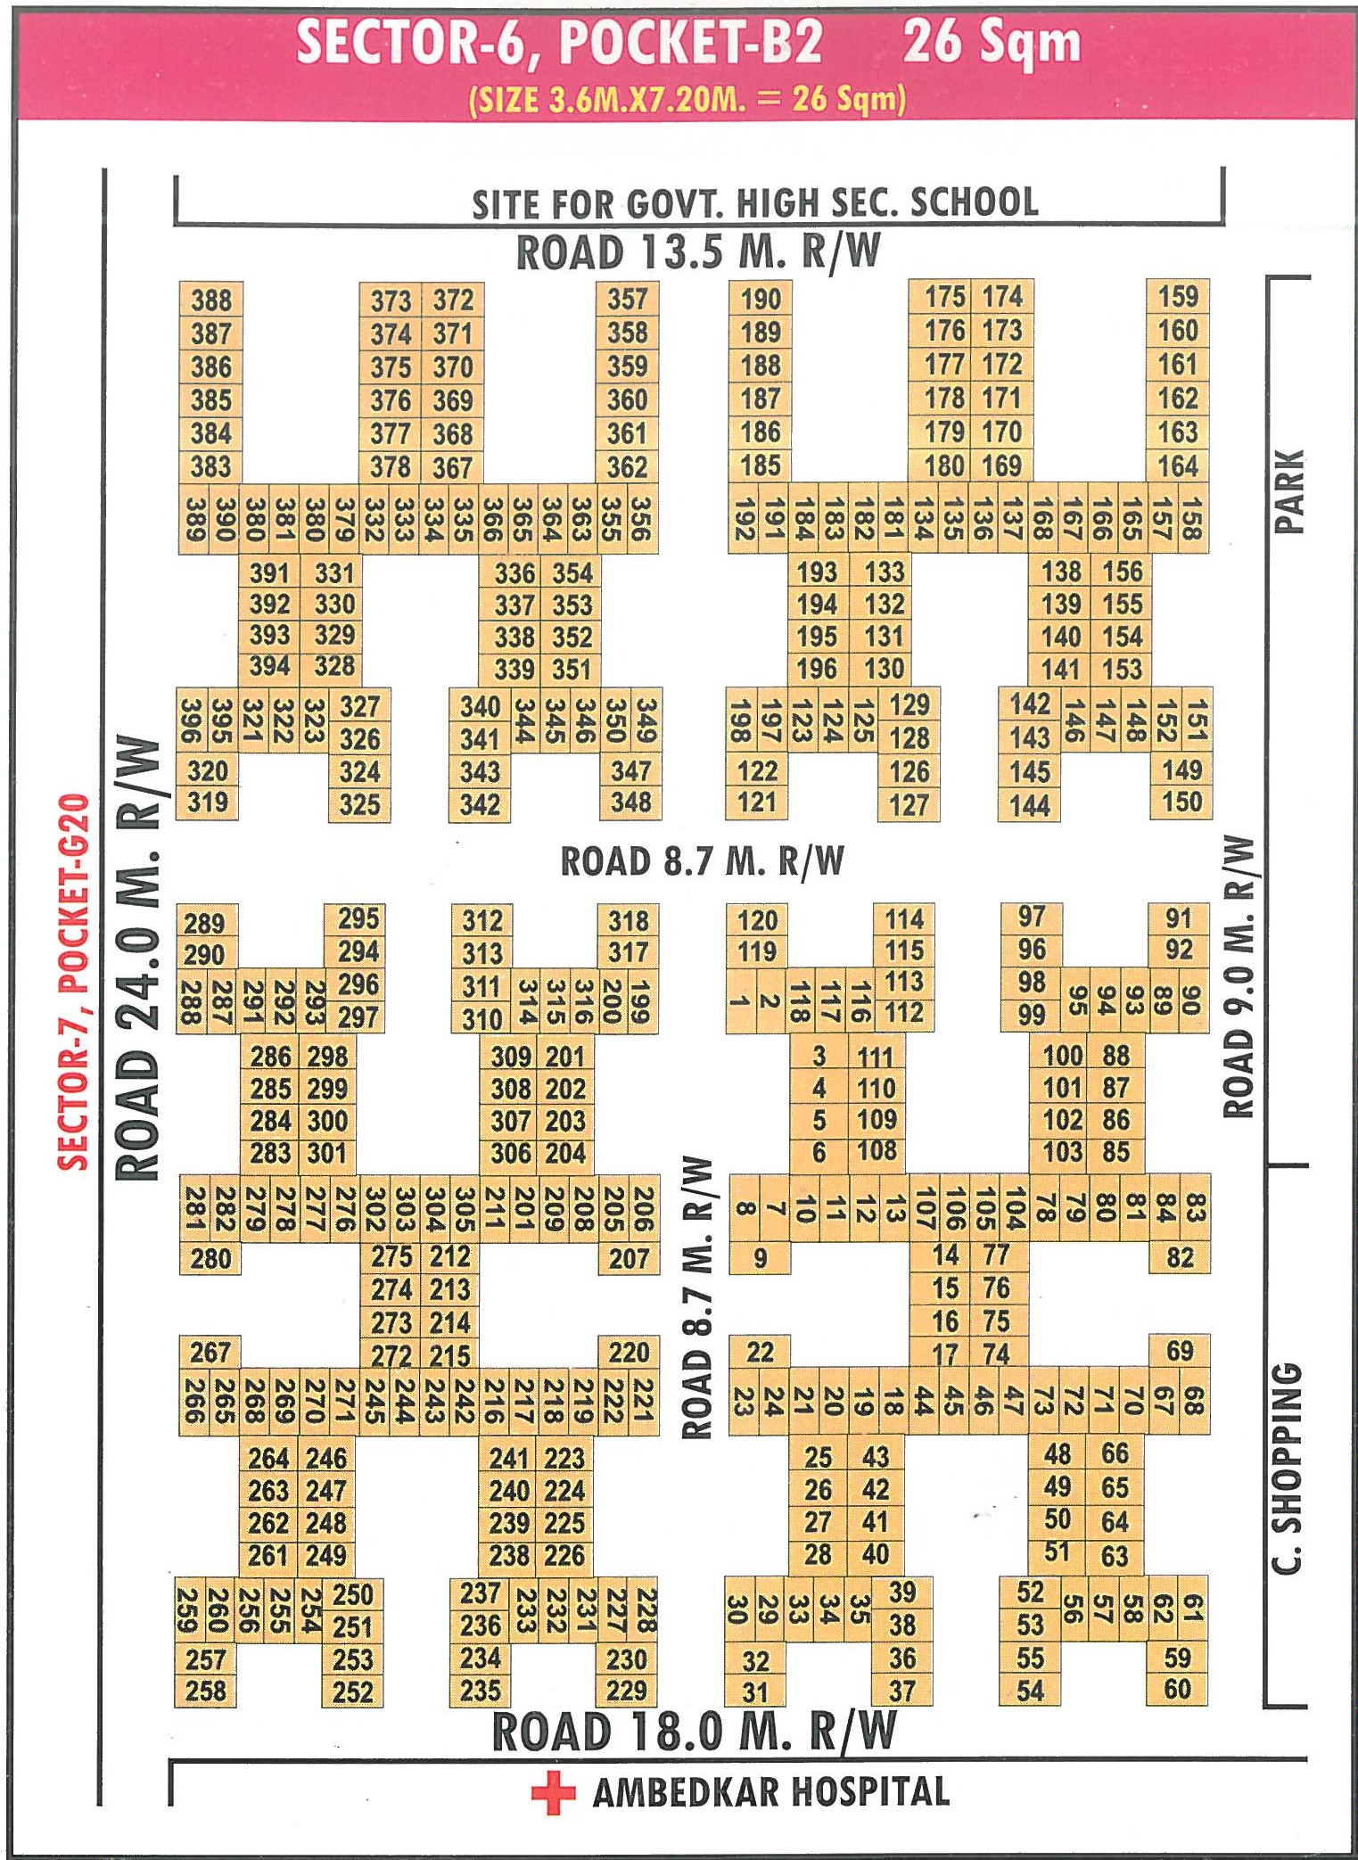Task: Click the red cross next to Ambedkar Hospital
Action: click(x=553, y=1791)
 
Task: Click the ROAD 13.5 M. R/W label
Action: click(x=698, y=252)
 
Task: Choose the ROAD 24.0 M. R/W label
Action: click(x=139, y=959)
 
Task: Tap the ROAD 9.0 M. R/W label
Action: click(x=1239, y=977)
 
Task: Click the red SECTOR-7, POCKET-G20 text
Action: click(x=73, y=981)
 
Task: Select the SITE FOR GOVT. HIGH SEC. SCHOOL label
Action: click(x=754, y=204)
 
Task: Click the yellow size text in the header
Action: click(x=687, y=98)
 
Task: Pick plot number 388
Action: click(x=211, y=300)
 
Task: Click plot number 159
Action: click(x=1178, y=297)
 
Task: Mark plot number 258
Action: click(x=206, y=1691)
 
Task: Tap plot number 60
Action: click(x=1177, y=1688)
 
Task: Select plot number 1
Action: click(x=740, y=1000)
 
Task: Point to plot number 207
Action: click(x=629, y=1258)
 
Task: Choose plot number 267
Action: click(x=210, y=1353)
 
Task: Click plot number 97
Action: click(x=1032, y=917)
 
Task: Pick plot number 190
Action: click(x=761, y=299)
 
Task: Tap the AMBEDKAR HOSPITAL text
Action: click(x=771, y=1791)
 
